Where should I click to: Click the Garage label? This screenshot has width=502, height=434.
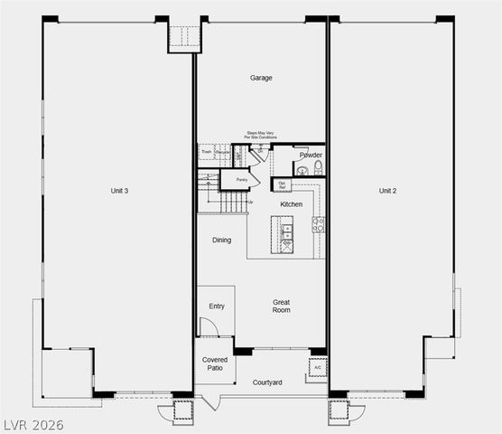pos(261,78)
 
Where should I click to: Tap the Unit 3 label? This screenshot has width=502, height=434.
pos(119,191)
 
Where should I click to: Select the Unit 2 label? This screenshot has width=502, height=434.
pos(388,191)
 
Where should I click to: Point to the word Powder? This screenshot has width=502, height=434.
pos(311,156)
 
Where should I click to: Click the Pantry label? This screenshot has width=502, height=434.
pos(241,180)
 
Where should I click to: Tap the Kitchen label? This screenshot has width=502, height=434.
pos(291,204)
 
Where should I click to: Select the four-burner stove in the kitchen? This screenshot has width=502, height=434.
pos(318,224)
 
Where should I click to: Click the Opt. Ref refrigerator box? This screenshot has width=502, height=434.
pos(282,184)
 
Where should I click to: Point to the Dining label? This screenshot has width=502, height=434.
pos(221,241)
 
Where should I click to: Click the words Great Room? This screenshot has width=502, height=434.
pos(282,307)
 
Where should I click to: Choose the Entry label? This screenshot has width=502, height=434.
pos(217,307)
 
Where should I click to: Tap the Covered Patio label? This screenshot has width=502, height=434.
pos(215,364)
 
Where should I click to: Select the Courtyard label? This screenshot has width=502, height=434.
pos(267,382)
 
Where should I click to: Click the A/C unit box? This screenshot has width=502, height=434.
pos(317,367)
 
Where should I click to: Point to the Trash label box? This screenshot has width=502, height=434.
pos(206,152)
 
